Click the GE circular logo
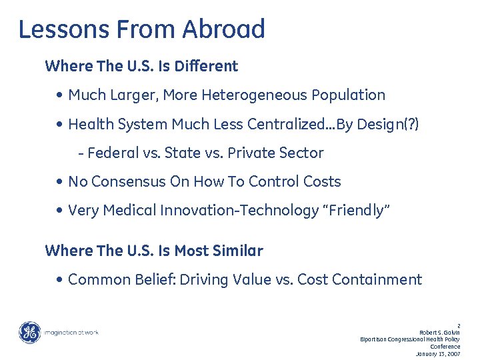[29, 332]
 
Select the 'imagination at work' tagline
[71, 332]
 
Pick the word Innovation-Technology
[239, 211]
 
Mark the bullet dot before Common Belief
[61, 280]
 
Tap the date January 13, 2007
[437, 353]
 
